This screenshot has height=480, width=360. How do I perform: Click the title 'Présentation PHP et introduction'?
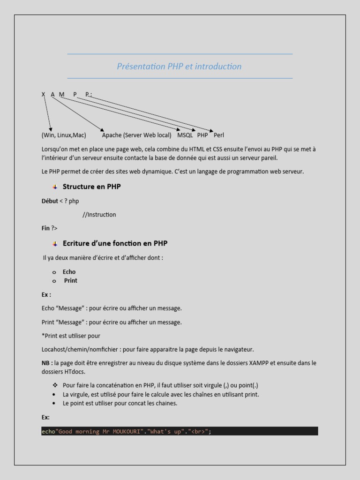pos(179,67)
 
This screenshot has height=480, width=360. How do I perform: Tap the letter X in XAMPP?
pos(43,95)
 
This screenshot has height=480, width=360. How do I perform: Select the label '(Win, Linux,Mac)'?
pos(64,135)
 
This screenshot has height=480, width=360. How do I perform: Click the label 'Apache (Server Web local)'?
pos(136,135)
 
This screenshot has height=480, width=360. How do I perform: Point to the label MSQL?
pos(185,135)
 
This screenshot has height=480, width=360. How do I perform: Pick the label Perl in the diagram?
pos(219,135)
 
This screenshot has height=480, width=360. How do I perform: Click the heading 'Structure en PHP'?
pos(91,187)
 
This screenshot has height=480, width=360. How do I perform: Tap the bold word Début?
pos(50,201)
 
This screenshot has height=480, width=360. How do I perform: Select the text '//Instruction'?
pos(99,215)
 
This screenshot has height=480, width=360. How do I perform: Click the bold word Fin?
pos(45,228)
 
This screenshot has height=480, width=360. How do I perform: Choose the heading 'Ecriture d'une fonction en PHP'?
pos(115,243)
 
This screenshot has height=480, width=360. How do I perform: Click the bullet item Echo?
pos(69,272)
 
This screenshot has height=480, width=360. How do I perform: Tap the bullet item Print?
pos(71,281)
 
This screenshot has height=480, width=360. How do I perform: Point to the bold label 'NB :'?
pos(47,363)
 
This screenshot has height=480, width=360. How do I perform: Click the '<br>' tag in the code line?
pos(197,431)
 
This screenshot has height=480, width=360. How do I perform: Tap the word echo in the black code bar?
pos(48,431)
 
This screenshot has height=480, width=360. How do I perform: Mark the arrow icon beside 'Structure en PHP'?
pos(55,187)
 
